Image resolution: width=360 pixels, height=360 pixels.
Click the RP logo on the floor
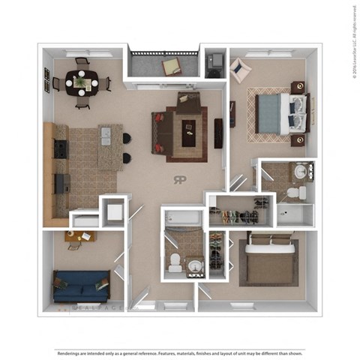pos(181,180)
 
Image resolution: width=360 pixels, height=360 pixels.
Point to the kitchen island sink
pos(105,136)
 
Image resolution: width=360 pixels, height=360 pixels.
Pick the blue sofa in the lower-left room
pos(79,286)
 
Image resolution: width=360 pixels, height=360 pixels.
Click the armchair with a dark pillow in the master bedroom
pos(240,71)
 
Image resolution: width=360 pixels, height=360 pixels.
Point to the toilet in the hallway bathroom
pos(175,262)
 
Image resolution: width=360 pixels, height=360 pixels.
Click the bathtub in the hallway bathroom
pos(182,218)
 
